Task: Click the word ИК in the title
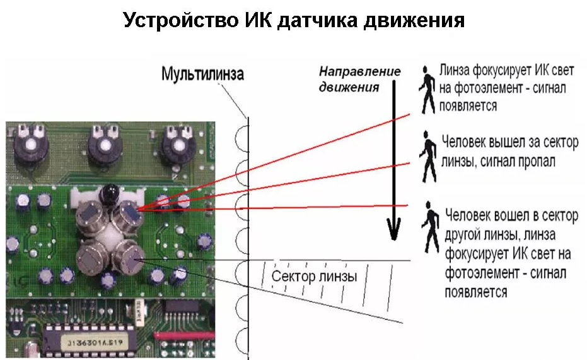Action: (x=259, y=21)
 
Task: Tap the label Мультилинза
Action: (x=202, y=74)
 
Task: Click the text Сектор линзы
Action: (x=314, y=277)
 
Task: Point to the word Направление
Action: (x=359, y=71)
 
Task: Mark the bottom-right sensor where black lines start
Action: (x=131, y=256)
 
